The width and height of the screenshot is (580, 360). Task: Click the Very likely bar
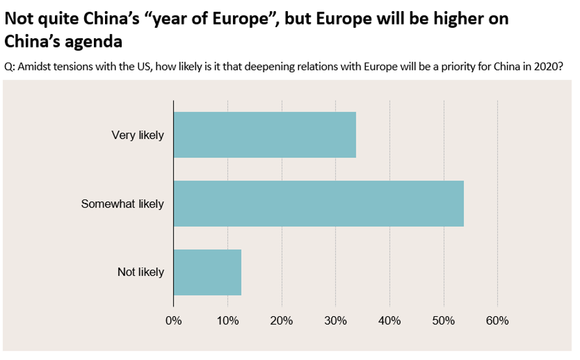pyautogui.click(x=264, y=135)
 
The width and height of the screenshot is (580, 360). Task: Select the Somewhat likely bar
pyautogui.click(x=319, y=204)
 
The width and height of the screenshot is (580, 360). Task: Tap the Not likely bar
pyautogui.click(x=207, y=272)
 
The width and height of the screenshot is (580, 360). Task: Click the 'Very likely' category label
pyautogui.click(x=137, y=135)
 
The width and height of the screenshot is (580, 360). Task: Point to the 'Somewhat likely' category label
pyautogui.click(x=122, y=204)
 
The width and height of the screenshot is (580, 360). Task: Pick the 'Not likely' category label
pyautogui.click(x=141, y=272)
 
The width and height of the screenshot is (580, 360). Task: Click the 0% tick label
pyautogui.click(x=174, y=321)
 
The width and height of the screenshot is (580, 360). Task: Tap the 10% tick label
pyautogui.click(x=227, y=321)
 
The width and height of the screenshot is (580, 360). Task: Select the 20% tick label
pyautogui.click(x=282, y=321)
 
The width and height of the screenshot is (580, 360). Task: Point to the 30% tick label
pyautogui.click(x=335, y=321)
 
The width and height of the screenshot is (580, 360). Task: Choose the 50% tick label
pyautogui.click(x=443, y=321)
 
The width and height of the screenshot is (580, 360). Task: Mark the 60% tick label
pyautogui.click(x=497, y=321)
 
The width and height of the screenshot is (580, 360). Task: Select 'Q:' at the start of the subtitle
pyautogui.click(x=10, y=67)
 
